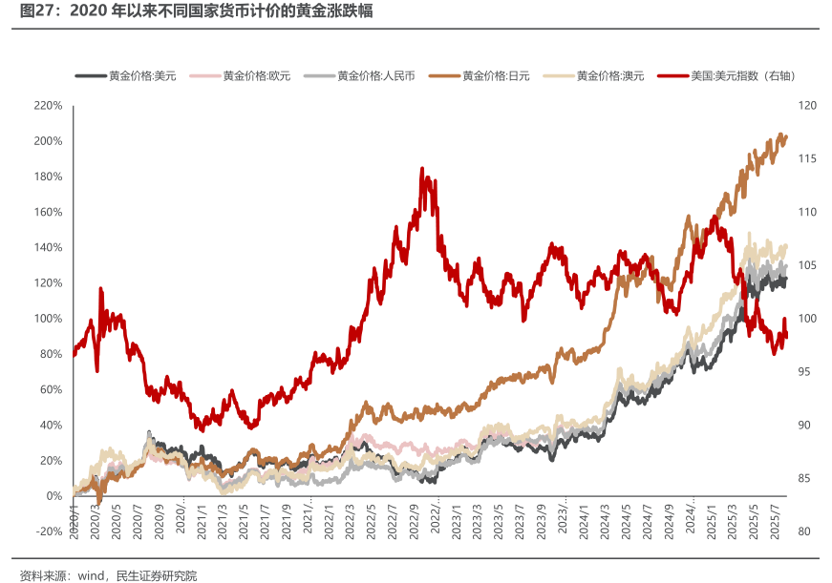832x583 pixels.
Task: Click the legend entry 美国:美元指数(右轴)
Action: pos(741,75)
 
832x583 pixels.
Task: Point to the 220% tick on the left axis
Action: pos(48,105)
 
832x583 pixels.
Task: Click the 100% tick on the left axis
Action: pos(48,319)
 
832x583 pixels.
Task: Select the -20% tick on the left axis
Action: pos(48,531)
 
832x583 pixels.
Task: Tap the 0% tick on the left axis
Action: pos(53,496)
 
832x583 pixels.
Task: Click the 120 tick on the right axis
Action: pos(806,105)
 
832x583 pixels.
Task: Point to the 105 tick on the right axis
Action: pos(806,265)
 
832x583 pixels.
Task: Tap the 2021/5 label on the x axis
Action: pos(245,520)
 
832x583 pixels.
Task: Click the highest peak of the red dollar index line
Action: pos(422,170)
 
